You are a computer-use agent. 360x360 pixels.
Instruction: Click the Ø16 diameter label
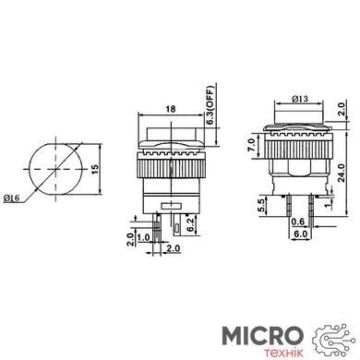point(11,198)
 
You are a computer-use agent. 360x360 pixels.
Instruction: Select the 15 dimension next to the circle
point(95,169)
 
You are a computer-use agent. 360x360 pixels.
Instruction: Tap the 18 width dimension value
point(171,109)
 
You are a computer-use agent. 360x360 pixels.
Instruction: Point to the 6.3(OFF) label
point(210,105)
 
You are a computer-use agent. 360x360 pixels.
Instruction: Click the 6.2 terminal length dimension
point(190,225)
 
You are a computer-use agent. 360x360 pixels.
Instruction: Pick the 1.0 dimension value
point(143,237)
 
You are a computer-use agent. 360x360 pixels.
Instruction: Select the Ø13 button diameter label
point(300,99)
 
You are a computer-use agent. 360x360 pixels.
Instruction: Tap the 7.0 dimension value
point(251,145)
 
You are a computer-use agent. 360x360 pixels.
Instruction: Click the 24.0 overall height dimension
point(342,173)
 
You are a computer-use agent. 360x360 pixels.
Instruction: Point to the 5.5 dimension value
point(261,206)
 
